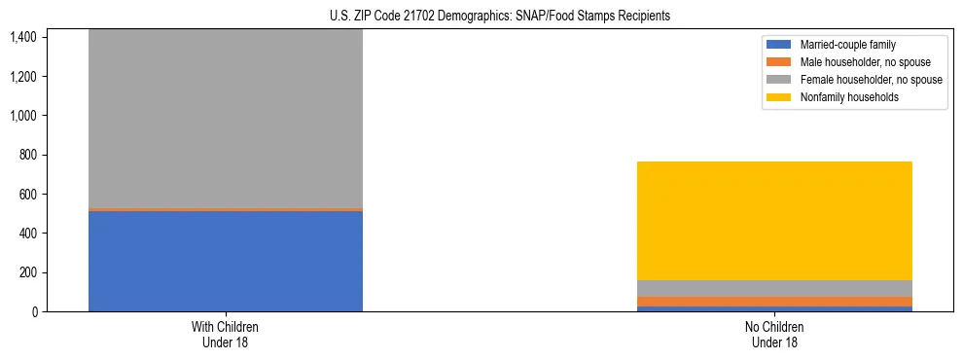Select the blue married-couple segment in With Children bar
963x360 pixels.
pos(225,261)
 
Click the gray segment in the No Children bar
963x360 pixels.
pos(774,288)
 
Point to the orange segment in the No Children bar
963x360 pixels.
pos(774,302)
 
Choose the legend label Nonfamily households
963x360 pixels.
pos(842,97)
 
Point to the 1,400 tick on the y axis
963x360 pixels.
pos(22,37)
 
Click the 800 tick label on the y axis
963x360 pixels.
pos(27,155)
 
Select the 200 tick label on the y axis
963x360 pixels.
pos(27,272)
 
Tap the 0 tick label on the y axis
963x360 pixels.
pos(33,311)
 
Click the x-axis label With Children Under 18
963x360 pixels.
pos(225,334)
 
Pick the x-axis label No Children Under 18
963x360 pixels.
pos(774,334)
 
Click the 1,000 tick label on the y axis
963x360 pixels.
pos(22,116)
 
